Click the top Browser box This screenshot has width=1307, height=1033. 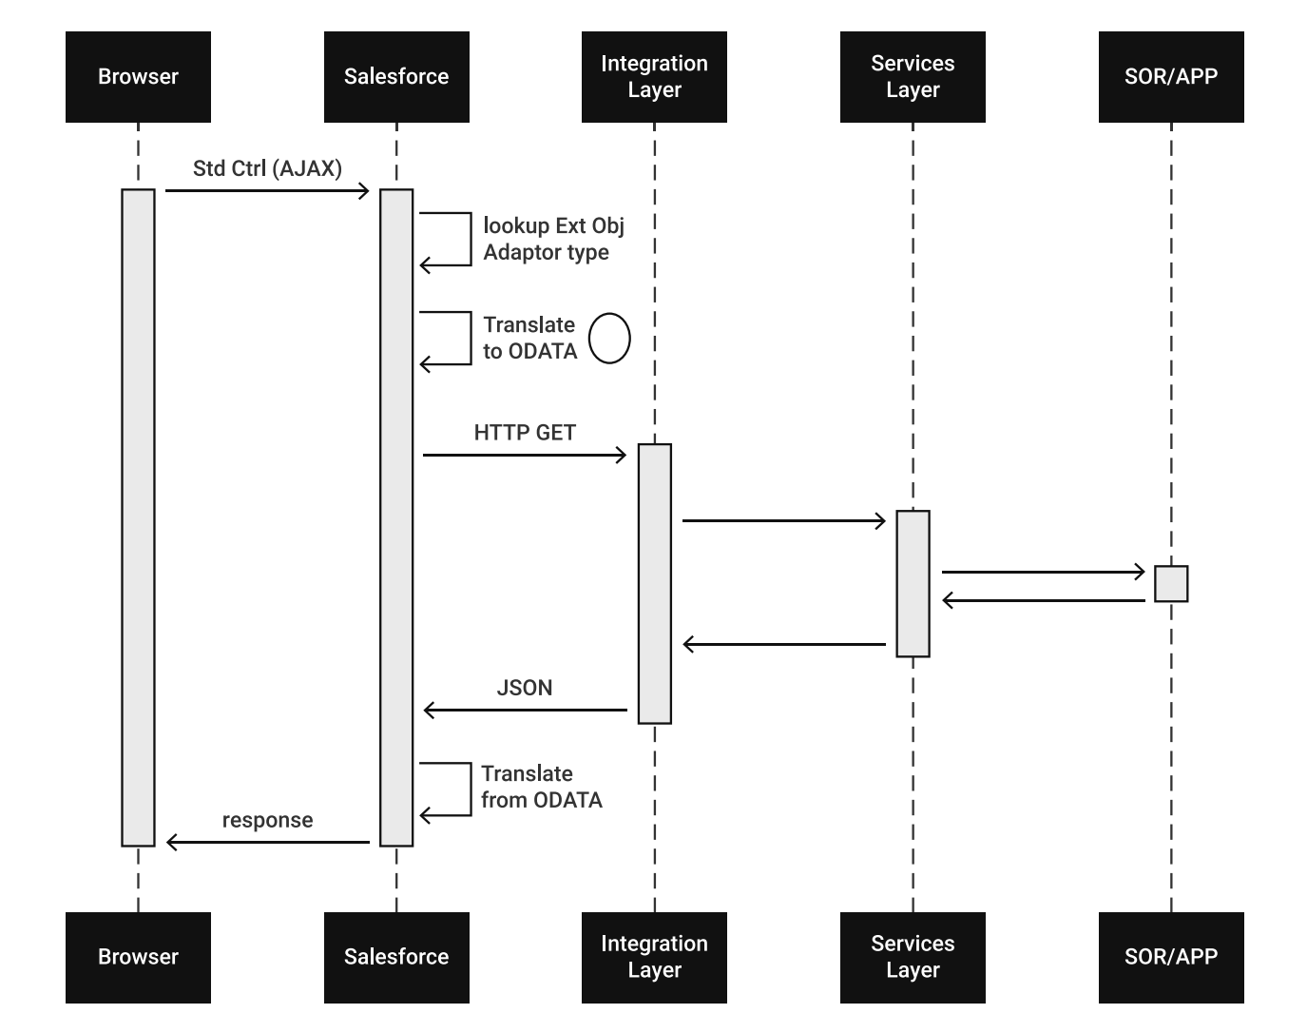point(138,77)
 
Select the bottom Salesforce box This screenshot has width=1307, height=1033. point(396,957)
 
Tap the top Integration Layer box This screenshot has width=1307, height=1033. point(654,77)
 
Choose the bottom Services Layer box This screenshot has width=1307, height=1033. point(913,957)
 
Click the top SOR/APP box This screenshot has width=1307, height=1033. point(1171,77)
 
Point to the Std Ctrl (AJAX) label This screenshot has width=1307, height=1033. point(267,168)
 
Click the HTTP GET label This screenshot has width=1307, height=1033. point(525,433)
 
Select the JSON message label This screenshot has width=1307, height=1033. point(525,688)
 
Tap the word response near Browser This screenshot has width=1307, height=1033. point(267,820)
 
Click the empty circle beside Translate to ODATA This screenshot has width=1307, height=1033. point(609,339)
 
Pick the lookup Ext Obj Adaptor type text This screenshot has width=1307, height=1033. point(553,239)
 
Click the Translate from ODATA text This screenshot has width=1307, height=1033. point(541,787)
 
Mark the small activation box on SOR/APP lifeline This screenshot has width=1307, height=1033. point(1171,584)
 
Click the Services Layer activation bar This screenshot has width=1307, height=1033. point(913,584)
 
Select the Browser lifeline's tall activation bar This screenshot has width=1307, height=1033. point(138,517)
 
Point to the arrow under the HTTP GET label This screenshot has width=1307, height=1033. point(525,456)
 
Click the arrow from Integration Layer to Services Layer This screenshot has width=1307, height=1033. point(783,521)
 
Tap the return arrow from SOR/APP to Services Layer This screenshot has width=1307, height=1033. point(1043,600)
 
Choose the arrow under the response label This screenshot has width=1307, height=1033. point(267,842)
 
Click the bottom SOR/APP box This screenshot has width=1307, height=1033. point(1171,957)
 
